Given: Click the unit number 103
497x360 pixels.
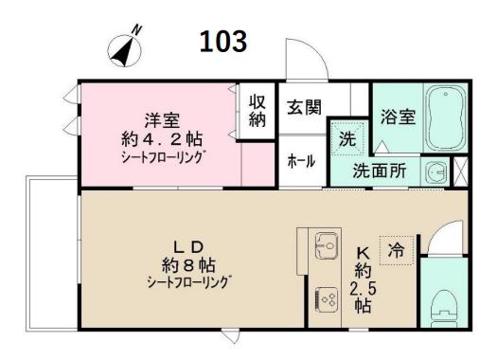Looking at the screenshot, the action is [223, 42].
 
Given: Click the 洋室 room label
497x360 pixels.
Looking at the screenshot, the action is [162, 120].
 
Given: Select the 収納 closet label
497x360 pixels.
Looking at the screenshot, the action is [257, 111].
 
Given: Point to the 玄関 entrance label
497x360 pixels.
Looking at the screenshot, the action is [304, 107].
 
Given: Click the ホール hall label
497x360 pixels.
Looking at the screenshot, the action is [301, 161].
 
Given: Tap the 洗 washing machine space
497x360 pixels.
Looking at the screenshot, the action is [347, 138].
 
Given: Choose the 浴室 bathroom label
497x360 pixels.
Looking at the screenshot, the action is [399, 117].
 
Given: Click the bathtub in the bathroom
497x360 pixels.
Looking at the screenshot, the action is [445, 118].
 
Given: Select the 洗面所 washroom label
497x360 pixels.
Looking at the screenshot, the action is [380, 171].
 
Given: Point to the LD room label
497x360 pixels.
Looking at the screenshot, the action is [188, 247].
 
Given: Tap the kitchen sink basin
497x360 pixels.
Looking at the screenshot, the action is [327, 245].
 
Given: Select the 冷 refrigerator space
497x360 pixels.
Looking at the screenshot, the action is [397, 250].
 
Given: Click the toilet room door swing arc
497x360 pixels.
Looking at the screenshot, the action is [444, 231].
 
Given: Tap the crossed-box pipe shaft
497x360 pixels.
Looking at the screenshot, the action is [461, 171].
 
